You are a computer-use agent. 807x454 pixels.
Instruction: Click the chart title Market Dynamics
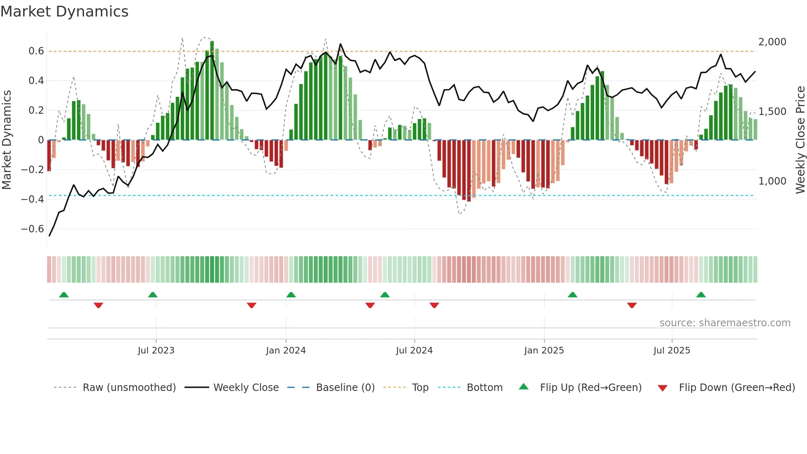pyautogui.click(x=64, y=12)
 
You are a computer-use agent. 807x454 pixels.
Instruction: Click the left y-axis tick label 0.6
pyautogui.click(x=36, y=51)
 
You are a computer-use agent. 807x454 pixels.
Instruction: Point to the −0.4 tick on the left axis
pyautogui.click(x=33, y=199)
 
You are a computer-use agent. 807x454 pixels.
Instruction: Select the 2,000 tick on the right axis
pyautogui.click(x=772, y=42)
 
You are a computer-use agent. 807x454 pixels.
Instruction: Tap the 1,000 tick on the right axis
pyautogui.click(x=772, y=181)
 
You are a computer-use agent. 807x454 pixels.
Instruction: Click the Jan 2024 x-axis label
pyautogui.click(x=286, y=351)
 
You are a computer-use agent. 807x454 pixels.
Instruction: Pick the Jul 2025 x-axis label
pyautogui.click(x=672, y=351)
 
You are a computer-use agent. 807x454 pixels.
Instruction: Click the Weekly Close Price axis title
pyautogui.click(x=800, y=140)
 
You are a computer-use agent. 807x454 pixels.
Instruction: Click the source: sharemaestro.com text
pyautogui.click(x=725, y=323)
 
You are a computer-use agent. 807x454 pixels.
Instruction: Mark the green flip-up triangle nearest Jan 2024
pyautogui.click(x=291, y=295)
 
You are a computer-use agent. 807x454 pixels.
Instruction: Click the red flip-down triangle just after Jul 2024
pyautogui.click(x=434, y=305)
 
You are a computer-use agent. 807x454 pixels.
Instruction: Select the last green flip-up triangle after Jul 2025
pyautogui.click(x=701, y=295)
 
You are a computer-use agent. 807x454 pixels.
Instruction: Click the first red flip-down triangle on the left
pyautogui.click(x=98, y=305)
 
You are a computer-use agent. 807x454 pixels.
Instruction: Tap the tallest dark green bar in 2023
pyautogui.click(x=212, y=91)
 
